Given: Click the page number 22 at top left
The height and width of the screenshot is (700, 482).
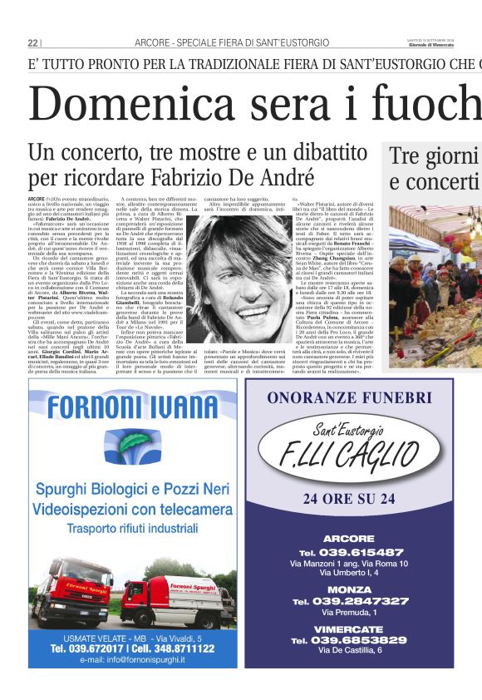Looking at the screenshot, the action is (x=32, y=42).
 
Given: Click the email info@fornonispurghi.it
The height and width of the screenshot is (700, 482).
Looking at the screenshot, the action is (x=132, y=659).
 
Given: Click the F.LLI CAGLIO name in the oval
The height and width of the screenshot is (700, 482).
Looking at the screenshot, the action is (x=349, y=456).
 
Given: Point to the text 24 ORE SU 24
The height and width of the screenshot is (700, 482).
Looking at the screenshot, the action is (x=349, y=499).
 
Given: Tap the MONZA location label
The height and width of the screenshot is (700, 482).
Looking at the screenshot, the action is (x=349, y=589).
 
